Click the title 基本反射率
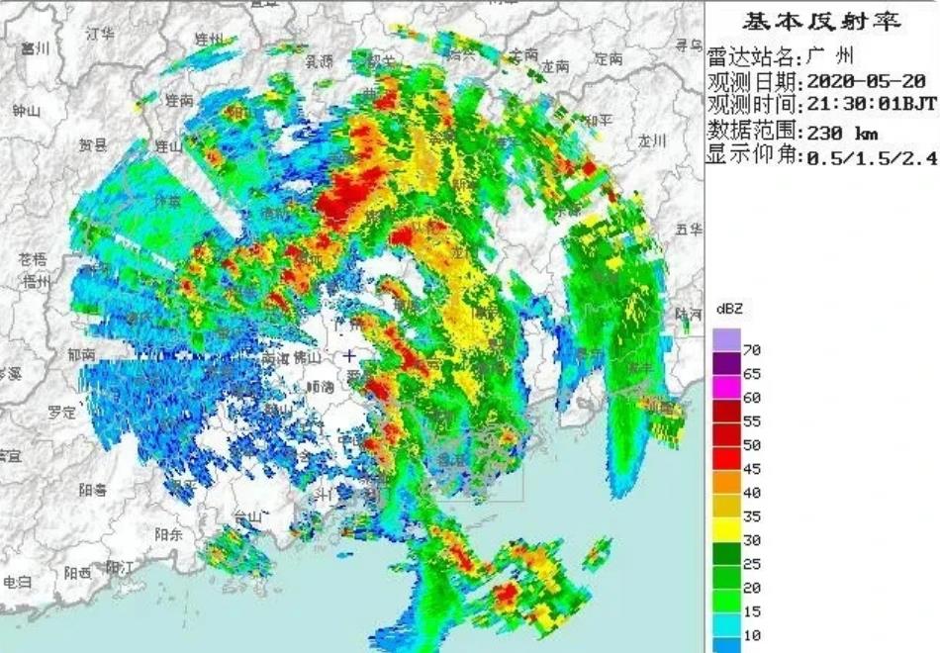[x=821, y=21]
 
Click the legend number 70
[x=752, y=349]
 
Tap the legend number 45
[x=752, y=469]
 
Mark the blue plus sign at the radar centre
[x=349, y=355]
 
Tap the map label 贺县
[x=92, y=144]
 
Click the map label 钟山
[x=27, y=110]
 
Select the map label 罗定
[x=60, y=412]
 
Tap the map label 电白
[x=17, y=581]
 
